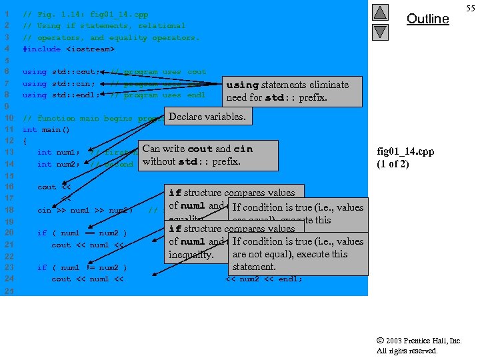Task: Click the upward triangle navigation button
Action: tap(379, 13)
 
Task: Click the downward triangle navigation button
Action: tap(379, 31)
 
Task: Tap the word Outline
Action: tap(427, 19)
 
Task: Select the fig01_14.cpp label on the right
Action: tap(405, 151)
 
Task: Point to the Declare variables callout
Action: tap(207, 117)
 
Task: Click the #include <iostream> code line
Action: tap(68, 49)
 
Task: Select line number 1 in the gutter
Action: tap(6, 14)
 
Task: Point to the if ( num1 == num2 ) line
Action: tap(82, 233)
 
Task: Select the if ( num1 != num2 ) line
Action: tap(82, 268)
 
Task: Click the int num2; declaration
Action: tap(54, 164)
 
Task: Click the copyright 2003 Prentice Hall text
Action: tap(419, 341)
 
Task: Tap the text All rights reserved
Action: tap(407, 351)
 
